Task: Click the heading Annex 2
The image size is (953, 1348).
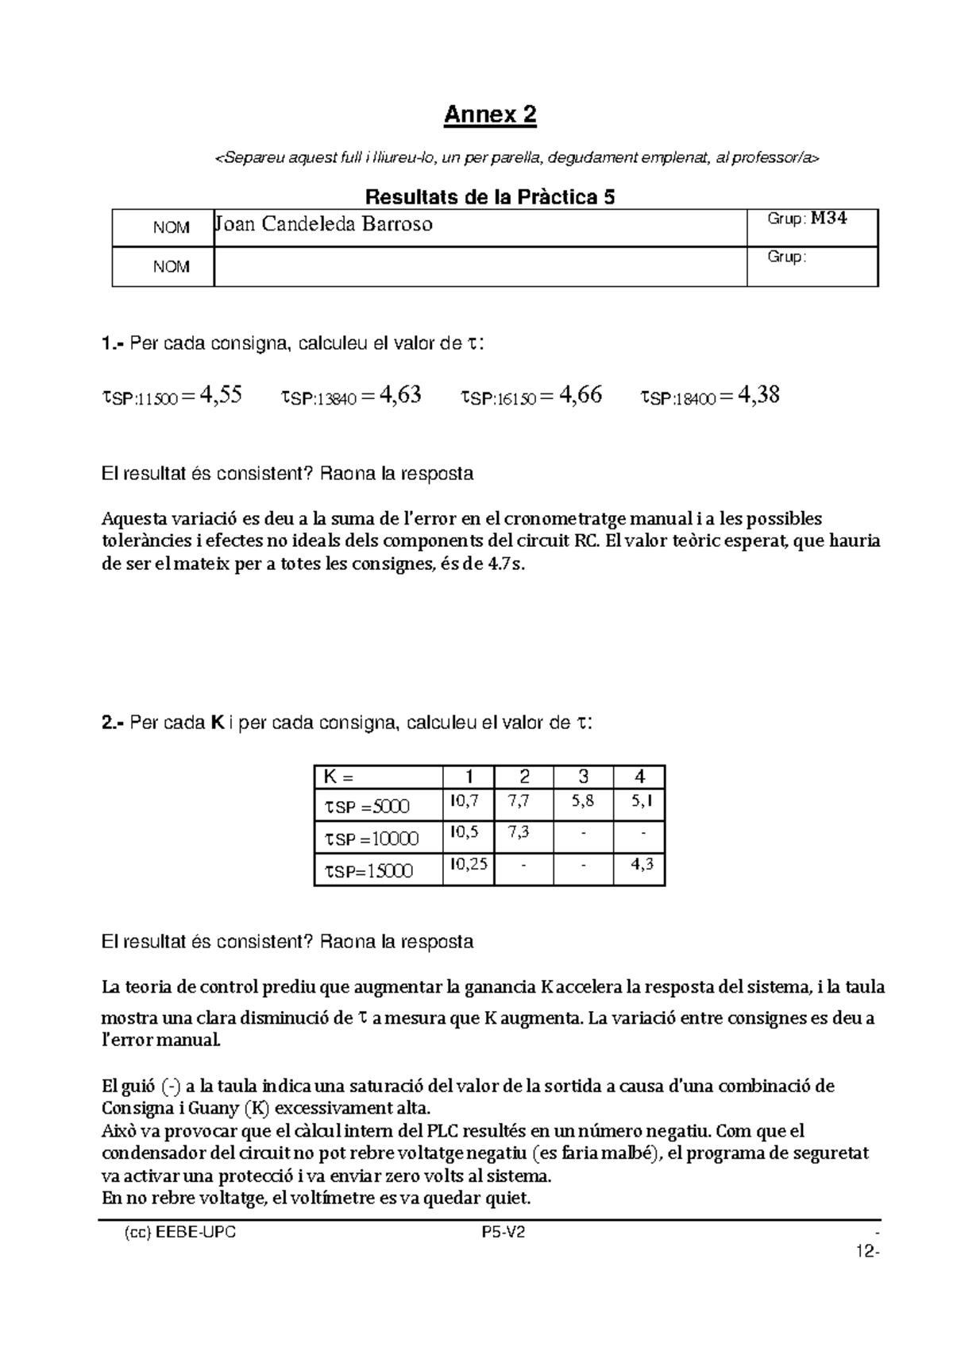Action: coord(490,115)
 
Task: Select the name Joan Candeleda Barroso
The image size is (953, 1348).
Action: coord(323,224)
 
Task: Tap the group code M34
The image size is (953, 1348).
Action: coord(828,219)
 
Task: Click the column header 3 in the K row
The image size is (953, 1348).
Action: coord(584,777)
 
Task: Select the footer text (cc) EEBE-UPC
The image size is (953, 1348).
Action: coord(180,1234)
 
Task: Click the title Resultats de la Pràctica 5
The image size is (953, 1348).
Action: coord(489,197)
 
